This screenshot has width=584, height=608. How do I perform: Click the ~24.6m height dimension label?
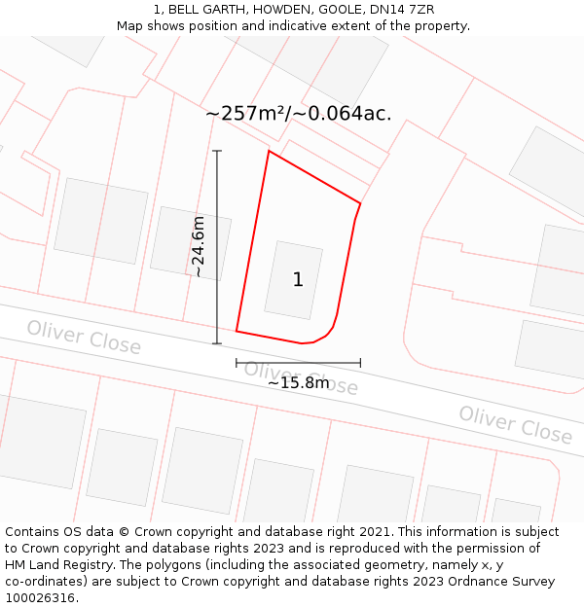(x=199, y=248)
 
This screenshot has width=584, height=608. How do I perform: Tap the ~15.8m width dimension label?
(x=298, y=382)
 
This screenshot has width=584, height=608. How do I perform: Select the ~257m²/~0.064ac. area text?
(x=299, y=113)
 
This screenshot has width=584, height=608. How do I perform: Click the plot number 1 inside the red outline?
(x=298, y=280)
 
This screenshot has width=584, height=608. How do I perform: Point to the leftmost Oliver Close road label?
(x=84, y=337)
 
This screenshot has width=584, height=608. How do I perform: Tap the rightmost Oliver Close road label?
(x=516, y=425)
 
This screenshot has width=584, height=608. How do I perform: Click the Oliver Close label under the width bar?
(x=301, y=377)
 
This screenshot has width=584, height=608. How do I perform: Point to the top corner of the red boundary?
(x=269, y=151)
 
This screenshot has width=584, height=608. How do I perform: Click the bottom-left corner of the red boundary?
(x=237, y=331)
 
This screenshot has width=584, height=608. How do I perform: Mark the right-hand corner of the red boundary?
(x=360, y=203)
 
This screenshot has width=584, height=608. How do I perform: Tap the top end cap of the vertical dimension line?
(x=217, y=151)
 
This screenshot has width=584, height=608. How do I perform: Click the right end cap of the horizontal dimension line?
(x=360, y=363)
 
